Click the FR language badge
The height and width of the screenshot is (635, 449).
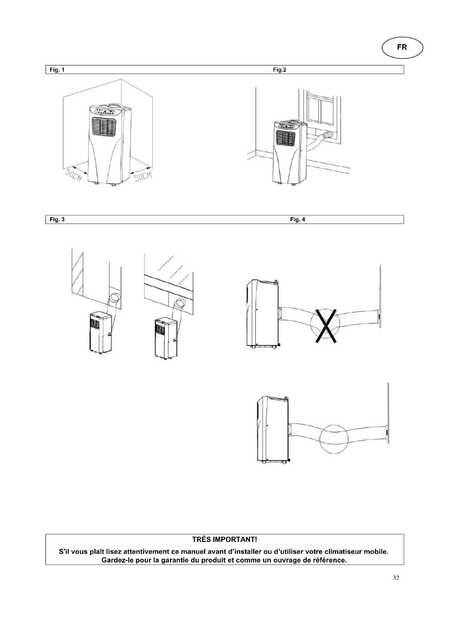click(x=402, y=48)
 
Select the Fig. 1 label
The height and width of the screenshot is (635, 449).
click(x=57, y=70)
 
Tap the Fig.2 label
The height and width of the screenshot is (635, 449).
click(x=280, y=70)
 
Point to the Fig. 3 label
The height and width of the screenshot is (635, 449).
click(x=57, y=219)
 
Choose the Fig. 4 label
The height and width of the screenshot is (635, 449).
click(x=298, y=219)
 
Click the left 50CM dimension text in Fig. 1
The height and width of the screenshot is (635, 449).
click(x=74, y=175)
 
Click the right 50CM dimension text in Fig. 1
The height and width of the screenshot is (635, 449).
click(x=144, y=176)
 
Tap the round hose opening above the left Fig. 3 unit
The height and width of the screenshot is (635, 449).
click(x=115, y=299)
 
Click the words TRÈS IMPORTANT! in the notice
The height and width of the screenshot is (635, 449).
click(x=224, y=540)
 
